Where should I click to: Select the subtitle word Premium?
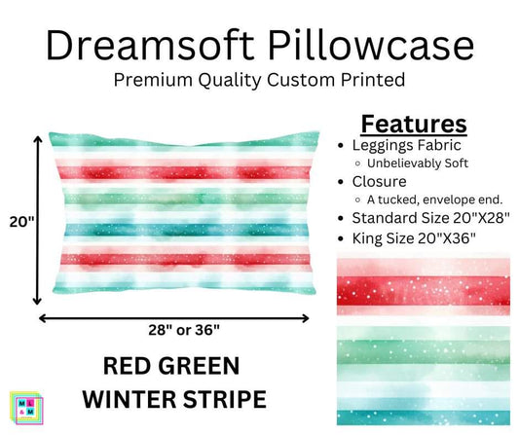(156, 81)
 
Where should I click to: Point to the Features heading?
(414, 124)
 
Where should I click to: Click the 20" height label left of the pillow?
(17, 222)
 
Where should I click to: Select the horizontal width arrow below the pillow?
(174, 315)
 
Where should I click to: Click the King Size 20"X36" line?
(408, 238)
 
